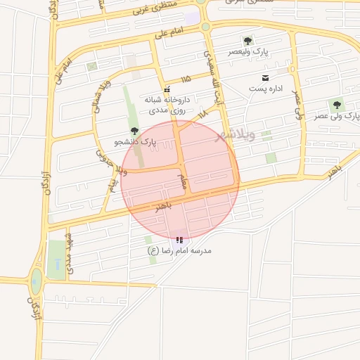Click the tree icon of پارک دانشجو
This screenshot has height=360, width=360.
click(x=134, y=131)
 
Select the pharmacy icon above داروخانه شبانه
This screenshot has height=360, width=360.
click(x=167, y=90)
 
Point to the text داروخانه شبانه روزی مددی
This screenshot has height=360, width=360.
click(x=167, y=105)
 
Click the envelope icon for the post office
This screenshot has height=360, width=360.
click(x=264, y=77)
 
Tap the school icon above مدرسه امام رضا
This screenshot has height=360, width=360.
click(x=179, y=240)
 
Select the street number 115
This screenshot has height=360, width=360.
click(x=186, y=79)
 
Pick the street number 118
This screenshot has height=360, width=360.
click(x=202, y=113)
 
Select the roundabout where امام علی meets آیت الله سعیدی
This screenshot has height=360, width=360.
click(x=205, y=27)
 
